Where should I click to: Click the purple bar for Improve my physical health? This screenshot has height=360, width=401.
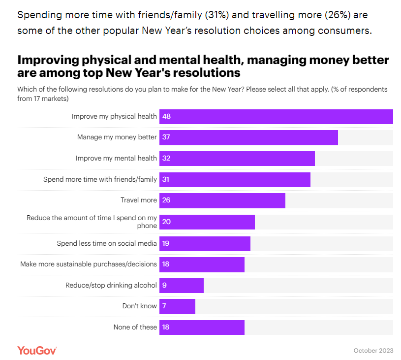[276, 117]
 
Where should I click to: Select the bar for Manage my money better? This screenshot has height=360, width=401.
[248, 137]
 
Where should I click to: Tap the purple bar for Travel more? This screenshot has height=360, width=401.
[222, 200]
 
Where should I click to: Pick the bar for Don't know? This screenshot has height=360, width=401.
[177, 306]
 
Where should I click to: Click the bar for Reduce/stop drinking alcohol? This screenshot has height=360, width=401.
[182, 285]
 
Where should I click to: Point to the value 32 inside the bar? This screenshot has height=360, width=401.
[166, 159]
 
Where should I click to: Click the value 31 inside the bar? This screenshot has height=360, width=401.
[166, 180]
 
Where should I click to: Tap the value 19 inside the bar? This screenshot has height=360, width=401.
[166, 243]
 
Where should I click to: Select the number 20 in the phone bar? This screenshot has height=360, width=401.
[166, 222]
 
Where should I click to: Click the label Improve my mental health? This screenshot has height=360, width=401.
[116, 159]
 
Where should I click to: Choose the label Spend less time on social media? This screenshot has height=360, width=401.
[107, 243]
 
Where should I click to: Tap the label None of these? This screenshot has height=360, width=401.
[135, 327]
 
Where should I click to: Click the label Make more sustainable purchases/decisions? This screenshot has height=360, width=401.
[89, 264]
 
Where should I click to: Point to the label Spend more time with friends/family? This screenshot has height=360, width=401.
[100, 180]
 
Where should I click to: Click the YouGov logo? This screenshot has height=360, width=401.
[37, 350]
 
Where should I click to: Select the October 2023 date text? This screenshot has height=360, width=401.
[373, 351]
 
